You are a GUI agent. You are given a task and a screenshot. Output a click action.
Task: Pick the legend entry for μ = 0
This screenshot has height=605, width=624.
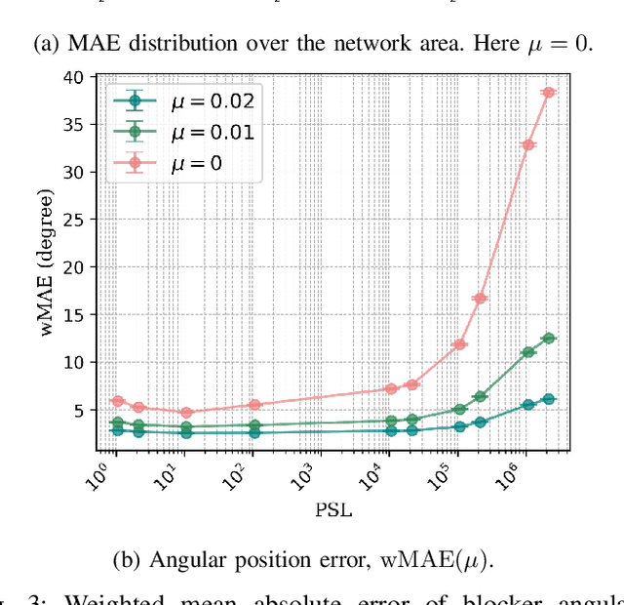click(166, 162)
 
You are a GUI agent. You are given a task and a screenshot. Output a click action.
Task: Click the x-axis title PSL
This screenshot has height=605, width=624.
click(333, 509)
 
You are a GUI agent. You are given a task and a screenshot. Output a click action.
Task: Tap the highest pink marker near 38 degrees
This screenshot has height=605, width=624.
click(548, 93)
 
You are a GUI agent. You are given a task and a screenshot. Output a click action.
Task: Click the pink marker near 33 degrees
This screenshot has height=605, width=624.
click(528, 144)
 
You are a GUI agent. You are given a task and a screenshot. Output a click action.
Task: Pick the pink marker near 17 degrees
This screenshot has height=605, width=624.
click(480, 298)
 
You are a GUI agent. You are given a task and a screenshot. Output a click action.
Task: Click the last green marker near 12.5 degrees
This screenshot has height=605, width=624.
click(548, 338)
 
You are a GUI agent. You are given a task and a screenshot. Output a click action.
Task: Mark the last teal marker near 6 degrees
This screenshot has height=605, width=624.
click(548, 399)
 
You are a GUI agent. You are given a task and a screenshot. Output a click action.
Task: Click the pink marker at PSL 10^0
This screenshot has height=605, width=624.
click(117, 401)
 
